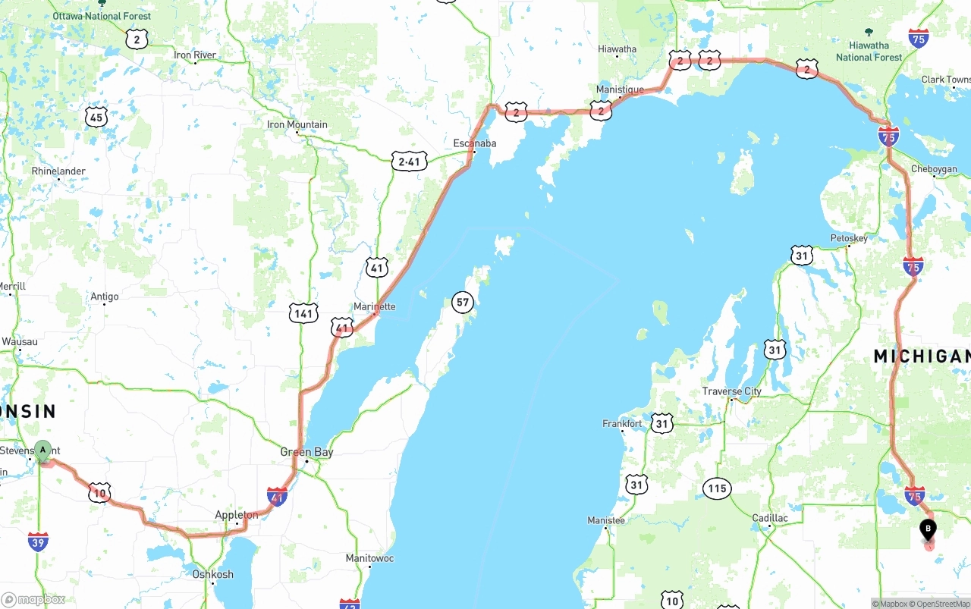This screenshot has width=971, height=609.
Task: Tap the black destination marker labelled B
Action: click(x=928, y=529)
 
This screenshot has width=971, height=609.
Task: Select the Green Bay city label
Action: click(x=306, y=452)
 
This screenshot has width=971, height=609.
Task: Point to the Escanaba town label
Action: click(x=475, y=143)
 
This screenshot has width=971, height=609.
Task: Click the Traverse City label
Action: click(x=731, y=391)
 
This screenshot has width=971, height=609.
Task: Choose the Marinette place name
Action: click(x=375, y=306)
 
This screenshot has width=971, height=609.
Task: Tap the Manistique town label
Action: click(x=620, y=89)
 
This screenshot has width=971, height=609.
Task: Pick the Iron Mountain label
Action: click(x=297, y=124)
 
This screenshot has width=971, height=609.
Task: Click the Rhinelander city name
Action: click(x=58, y=171)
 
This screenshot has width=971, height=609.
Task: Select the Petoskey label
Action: click(x=849, y=238)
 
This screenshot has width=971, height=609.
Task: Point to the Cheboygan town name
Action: click(x=934, y=169)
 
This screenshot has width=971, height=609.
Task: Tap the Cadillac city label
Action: click(x=770, y=518)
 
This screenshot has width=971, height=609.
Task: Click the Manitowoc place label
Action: click(x=369, y=558)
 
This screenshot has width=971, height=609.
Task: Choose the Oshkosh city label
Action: click(x=213, y=574)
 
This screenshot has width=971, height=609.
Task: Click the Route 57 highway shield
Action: click(x=462, y=303)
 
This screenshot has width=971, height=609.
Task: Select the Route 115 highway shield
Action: click(x=717, y=488)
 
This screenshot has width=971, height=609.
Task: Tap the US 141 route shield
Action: click(x=303, y=313)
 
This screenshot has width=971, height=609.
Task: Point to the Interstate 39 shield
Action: click(x=38, y=542)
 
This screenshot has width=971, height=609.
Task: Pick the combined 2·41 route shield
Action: click(x=409, y=161)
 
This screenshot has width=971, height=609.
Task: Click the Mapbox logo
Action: click(x=33, y=600)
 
